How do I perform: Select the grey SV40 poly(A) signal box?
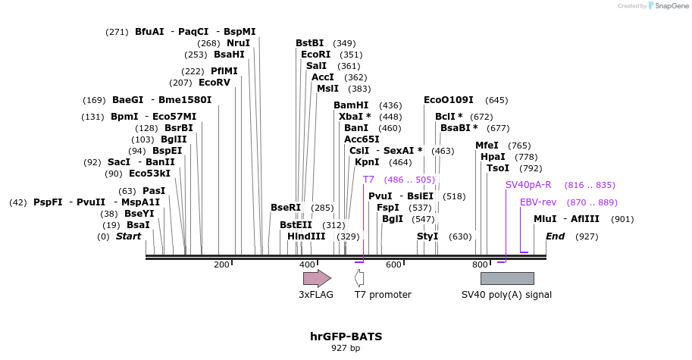click(x=507, y=278)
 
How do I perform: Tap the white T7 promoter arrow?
click(x=359, y=278)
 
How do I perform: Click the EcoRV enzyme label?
click(x=214, y=83)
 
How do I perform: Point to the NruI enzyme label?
click(x=238, y=43)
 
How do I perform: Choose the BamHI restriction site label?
click(x=351, y=105)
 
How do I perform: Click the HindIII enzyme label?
click(x=306, y=236)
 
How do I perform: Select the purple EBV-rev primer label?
click(x=538, y=202)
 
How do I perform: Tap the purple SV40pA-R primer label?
click(x=528, y=185)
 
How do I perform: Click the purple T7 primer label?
click(x=368, y=180)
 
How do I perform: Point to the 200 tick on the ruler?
click(x=221, y=265)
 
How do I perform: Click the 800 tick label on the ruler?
click(x=480, y=265)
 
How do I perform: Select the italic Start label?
click(x=128, y=236)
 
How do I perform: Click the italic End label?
click(x=556, y=236)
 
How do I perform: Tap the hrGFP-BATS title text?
click(x=346, y=336)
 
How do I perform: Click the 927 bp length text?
click(x=346, y=349)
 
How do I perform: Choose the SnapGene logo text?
click(x=671, y=6)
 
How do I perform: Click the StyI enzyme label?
click(x=427, y=236)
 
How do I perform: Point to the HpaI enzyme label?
click(x=493, y=157)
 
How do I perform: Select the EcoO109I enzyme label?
click(x=449, y=100)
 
